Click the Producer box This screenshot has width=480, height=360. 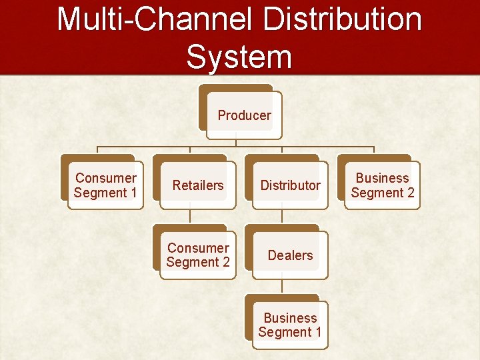[x=244, y=115]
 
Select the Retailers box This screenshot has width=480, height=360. [x=198, y=185]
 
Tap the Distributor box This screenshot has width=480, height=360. [x=290, y=185]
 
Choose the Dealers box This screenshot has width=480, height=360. [x=290, y=255]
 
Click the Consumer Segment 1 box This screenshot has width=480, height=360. [x=105, y=185]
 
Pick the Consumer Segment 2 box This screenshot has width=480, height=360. [x=198, y=255]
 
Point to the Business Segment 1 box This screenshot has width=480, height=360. [x=290, y=325]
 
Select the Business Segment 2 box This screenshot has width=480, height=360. [x=383, y=185]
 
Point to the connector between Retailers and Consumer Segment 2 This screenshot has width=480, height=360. [x=190, y=216]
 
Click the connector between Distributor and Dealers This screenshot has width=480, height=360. [x=282, y=216]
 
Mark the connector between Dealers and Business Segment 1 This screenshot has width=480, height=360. [x=282, y=286]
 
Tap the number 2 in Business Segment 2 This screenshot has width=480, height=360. [x=411, y=193]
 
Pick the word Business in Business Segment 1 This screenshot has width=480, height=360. [x=290, y=318]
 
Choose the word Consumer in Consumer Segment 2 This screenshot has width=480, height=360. [x=198, y=248]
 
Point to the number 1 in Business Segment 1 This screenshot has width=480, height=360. [x=318, y=332]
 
